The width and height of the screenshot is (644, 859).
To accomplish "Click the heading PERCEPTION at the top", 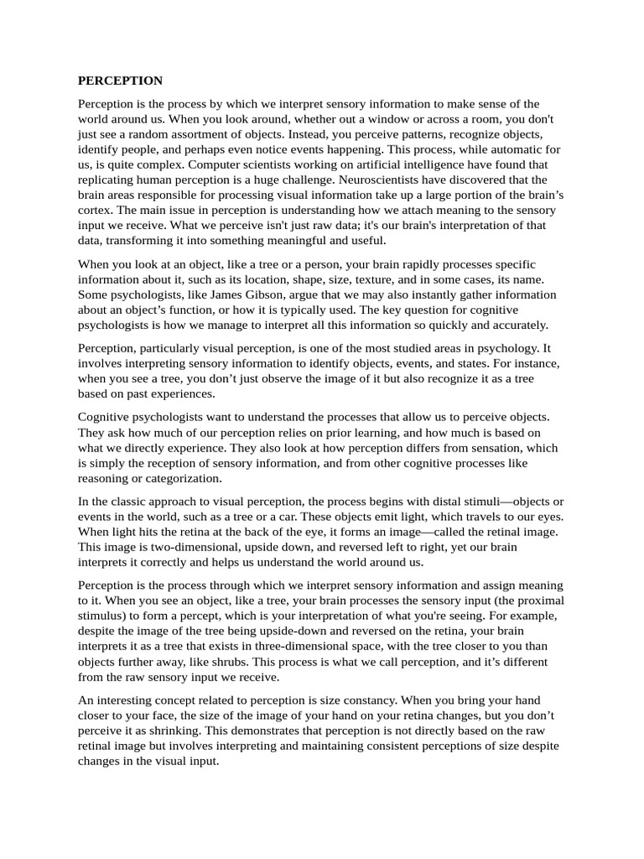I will [120, 81].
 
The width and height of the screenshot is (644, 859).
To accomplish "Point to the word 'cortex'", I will [96, 210].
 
